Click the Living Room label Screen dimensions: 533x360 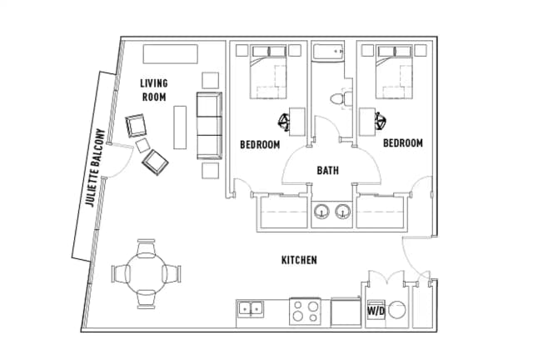tap(154, 90)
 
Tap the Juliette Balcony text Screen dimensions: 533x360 tap(95, 167)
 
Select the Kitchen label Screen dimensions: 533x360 tap(299, 260)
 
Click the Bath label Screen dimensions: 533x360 tap(327, 170)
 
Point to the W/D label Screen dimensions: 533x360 tap(376, 311)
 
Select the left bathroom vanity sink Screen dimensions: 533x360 tap(321, 212)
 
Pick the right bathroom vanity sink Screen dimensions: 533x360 tap(343, 212)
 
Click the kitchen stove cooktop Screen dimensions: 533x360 tap(306, 312)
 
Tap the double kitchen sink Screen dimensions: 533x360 tap(251, 309)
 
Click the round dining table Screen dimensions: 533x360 tap(147, 274)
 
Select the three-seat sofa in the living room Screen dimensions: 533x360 tap(209, 126)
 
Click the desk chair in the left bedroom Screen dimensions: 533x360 tap(283, 122)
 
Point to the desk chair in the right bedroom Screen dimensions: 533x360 tap(381, 121)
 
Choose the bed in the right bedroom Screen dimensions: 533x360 tap(394, 72)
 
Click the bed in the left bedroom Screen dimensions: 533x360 tap(268, 72)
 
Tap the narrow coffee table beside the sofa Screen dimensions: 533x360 tap(180, 127)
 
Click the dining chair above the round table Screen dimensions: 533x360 tap(147, 247)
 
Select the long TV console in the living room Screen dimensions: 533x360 tap(170, 54)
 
